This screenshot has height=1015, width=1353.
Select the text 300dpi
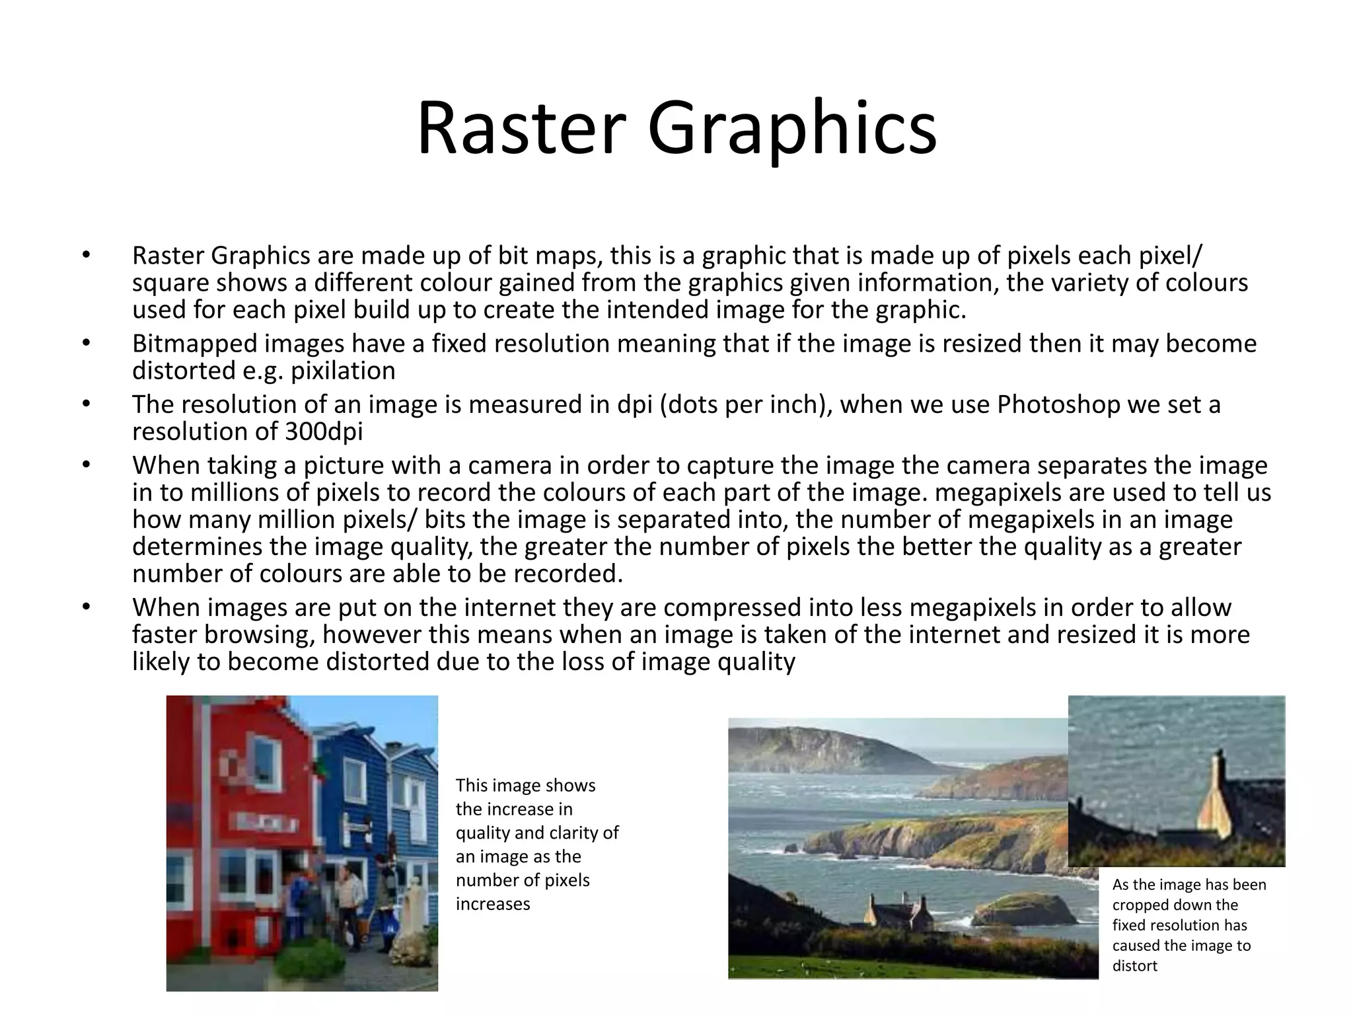point(324,432)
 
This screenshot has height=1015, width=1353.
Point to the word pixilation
point(343,371)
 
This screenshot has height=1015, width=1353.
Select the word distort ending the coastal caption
point(1134,965)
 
